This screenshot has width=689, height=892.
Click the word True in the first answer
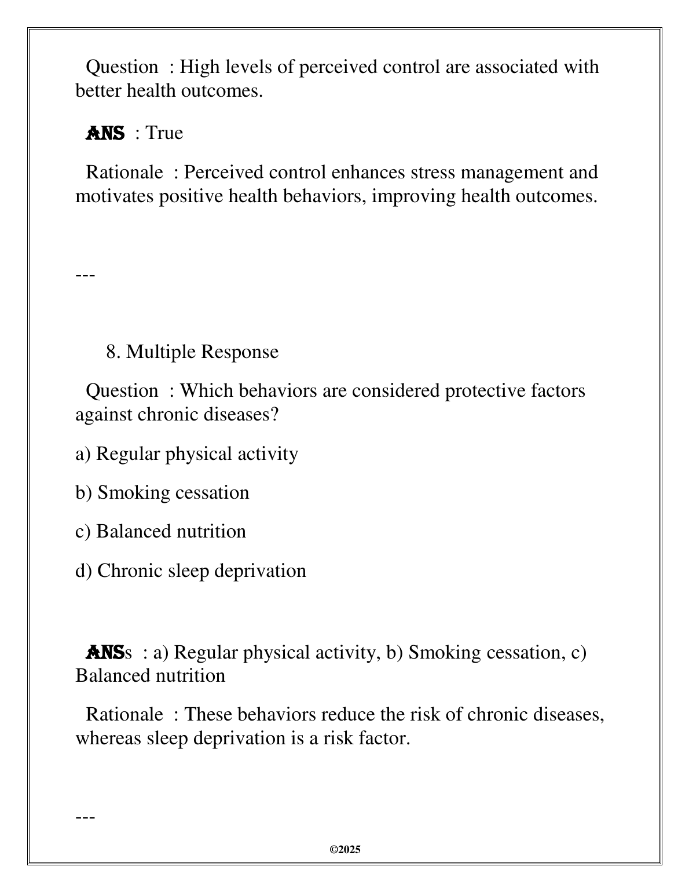[164, 133]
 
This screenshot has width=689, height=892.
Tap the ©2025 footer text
[345, 850]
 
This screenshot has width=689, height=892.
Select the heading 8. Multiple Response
[192, 352]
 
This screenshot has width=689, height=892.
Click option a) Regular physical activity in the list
[186, 454]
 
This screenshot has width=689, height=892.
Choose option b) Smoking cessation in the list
[162, 492]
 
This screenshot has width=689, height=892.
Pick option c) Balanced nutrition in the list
[160, 531]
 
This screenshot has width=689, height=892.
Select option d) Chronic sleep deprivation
[190, 571]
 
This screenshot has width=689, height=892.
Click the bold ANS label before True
[105, 133]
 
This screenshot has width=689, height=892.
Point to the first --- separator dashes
[85, 273]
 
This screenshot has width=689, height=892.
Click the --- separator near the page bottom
[85, 817]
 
